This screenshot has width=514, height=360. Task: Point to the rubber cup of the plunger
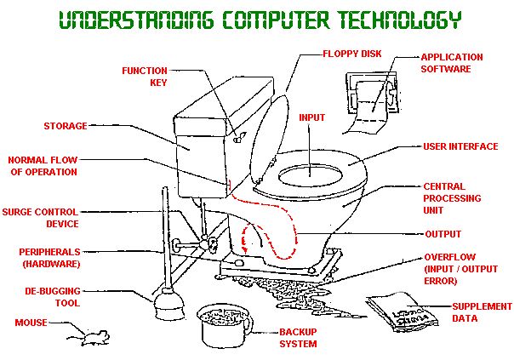(158, 306)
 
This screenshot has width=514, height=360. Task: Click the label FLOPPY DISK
(352, 54)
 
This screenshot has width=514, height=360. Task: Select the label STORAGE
(66, 127)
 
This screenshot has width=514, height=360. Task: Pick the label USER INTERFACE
(460, 146)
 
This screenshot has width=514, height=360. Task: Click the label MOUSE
(31, 323)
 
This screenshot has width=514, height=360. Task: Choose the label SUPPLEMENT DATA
(482, 312)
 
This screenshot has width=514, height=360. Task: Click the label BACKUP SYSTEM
(299, 338)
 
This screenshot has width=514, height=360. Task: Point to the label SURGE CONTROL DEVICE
(41, 218)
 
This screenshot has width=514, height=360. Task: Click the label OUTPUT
(443, 234)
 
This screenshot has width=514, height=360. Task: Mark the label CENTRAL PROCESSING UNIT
(452, 198)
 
